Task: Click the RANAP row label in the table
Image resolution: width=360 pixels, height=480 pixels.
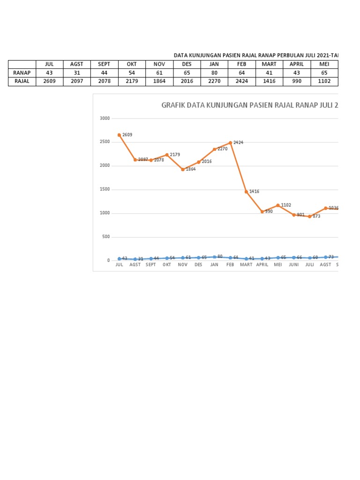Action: [22, 73]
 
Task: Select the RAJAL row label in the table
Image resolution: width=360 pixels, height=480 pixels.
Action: [22, 81]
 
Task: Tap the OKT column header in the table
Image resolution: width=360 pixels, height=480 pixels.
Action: [132, 64]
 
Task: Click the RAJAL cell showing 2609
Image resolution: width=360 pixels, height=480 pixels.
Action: [49, 81]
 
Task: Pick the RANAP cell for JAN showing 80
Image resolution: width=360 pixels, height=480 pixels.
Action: [214, 73]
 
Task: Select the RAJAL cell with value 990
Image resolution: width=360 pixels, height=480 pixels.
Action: [297, 81]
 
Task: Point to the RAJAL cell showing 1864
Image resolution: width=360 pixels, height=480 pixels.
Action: [159, 81]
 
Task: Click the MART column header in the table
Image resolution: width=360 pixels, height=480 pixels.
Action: [270, 64]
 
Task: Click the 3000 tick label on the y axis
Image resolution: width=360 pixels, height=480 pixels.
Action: [105, 119]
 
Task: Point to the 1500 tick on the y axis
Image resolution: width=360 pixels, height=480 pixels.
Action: [105, 189]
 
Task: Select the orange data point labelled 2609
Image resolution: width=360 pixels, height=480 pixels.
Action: [120, 135]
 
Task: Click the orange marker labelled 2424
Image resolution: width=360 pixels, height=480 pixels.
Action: [231, 143]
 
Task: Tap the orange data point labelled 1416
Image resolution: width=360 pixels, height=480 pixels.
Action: [246, 192]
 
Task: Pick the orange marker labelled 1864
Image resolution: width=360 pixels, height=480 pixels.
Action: [183, 169]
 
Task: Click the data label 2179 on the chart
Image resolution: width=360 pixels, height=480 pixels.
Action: [175, 155]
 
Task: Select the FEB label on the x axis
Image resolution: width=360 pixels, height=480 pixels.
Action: [230, 264]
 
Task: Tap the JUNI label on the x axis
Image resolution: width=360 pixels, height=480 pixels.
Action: [294, 264]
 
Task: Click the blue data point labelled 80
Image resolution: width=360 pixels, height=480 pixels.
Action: [214, 257]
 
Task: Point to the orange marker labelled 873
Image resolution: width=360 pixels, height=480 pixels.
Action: [310, 217]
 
